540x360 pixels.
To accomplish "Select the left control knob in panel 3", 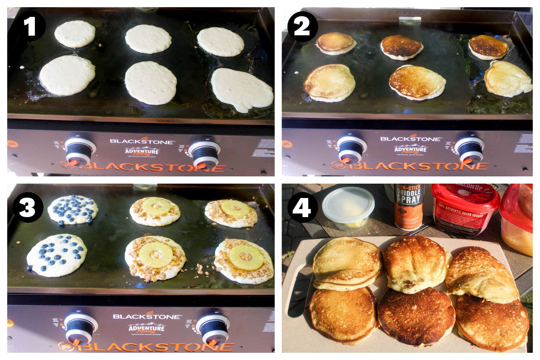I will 80,328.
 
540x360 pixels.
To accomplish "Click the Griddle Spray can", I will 409,207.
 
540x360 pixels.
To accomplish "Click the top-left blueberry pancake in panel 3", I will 73,210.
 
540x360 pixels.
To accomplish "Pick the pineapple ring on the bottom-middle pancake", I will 156,255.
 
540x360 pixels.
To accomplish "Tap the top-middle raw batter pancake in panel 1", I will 148,39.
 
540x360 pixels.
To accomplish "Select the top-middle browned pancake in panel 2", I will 402,47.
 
